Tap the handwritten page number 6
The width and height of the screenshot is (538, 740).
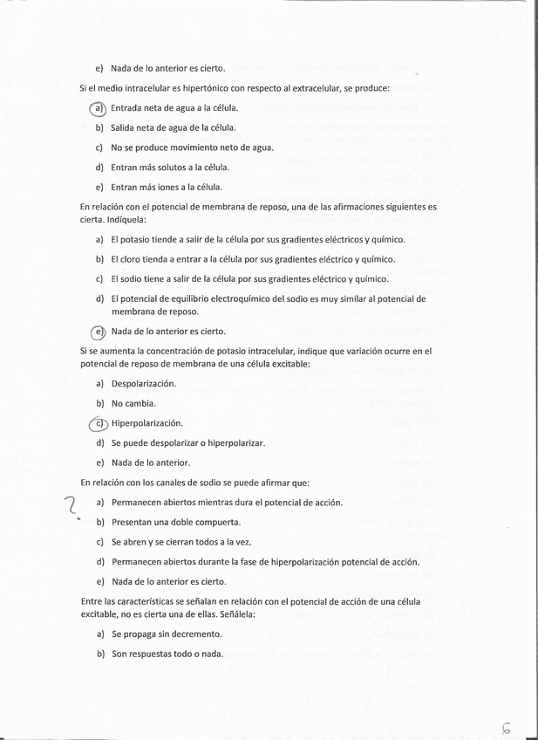(507, 727)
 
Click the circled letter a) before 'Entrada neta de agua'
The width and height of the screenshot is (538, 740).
(99, 108)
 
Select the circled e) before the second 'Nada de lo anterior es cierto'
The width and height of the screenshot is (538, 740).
(99, 332)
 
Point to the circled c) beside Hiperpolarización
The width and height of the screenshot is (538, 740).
(99, 423)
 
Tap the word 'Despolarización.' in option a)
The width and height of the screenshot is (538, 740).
(143, 384)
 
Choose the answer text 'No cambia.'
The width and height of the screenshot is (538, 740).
(133, 403)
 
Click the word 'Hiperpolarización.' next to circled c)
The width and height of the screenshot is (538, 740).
(146, 423)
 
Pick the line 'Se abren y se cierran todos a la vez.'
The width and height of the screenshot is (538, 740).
(180, 542)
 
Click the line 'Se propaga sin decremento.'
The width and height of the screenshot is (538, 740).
(166, 634)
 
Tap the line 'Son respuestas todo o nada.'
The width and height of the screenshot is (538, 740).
(167, 654)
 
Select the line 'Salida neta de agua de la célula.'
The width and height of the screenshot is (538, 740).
(174, 127)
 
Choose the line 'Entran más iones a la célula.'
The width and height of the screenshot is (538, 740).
(167, 187)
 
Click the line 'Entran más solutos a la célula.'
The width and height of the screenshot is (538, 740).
(170, 167)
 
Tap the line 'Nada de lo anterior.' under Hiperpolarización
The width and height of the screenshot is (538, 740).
(150, 462)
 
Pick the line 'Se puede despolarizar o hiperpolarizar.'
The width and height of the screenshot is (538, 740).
(187, 442)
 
